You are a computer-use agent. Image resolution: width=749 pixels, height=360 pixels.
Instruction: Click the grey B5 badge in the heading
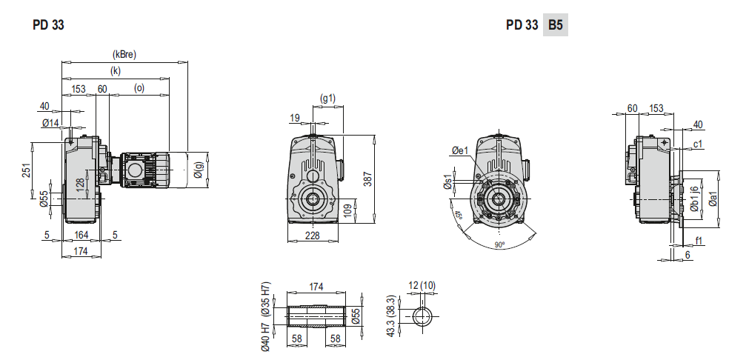coord(555,24)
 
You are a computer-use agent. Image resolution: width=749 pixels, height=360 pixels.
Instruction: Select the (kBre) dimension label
coord(124,54)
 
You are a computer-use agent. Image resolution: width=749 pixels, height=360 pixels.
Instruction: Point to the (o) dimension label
coord(139,89)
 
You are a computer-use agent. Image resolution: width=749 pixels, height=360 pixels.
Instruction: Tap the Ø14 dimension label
coord(50,122)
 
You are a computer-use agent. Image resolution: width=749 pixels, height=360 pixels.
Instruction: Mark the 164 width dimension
coord(81,236)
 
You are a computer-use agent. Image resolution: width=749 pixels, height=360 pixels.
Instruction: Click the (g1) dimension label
coord(327,98)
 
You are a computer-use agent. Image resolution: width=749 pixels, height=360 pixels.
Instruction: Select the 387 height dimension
coord(368,178)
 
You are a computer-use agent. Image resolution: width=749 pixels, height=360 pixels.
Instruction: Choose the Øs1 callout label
coord(447,181)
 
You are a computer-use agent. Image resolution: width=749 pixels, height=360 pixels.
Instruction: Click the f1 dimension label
coord(699,240)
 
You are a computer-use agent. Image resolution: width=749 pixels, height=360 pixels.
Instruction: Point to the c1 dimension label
coord(698,144)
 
